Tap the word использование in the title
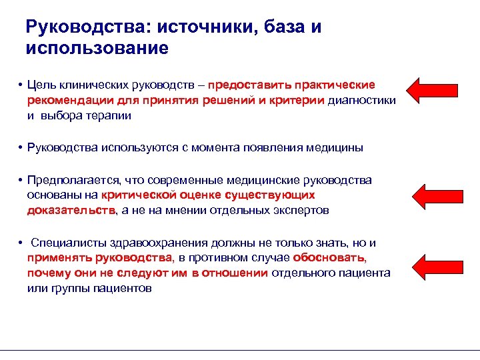pos(97,49)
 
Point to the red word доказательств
pos(71,209)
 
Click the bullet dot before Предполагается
pos(21,180)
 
